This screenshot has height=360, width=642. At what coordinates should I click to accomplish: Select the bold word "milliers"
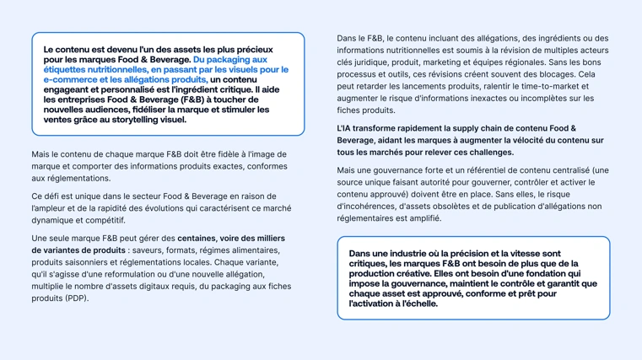pyautogui.click(x=267, y=239)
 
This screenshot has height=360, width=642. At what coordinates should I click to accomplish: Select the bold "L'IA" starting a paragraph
pyautogui.click(x=347, y=128)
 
